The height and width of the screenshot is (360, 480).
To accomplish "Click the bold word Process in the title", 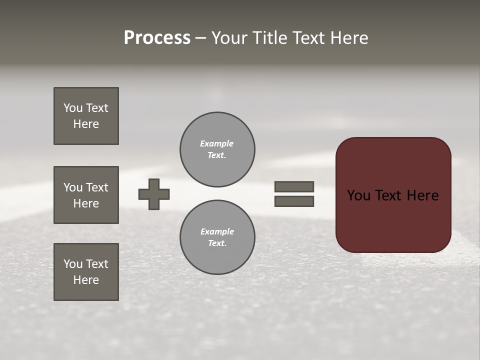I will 157,38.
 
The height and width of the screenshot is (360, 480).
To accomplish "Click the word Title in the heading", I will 269,38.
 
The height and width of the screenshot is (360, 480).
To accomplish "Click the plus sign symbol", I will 154,194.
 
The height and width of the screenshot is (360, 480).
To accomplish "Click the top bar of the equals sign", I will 294,186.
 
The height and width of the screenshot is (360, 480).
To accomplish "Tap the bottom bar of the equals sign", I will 294,201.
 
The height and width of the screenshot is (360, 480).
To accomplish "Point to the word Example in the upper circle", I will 217,143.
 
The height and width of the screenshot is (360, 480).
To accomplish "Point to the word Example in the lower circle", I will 217,231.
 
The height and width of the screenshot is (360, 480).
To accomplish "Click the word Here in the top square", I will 86,124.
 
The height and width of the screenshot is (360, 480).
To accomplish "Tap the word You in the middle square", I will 73,187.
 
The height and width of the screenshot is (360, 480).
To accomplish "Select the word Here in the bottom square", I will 86,280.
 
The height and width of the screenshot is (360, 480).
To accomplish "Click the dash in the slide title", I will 200,38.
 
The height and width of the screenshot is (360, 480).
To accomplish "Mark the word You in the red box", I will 358,195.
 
